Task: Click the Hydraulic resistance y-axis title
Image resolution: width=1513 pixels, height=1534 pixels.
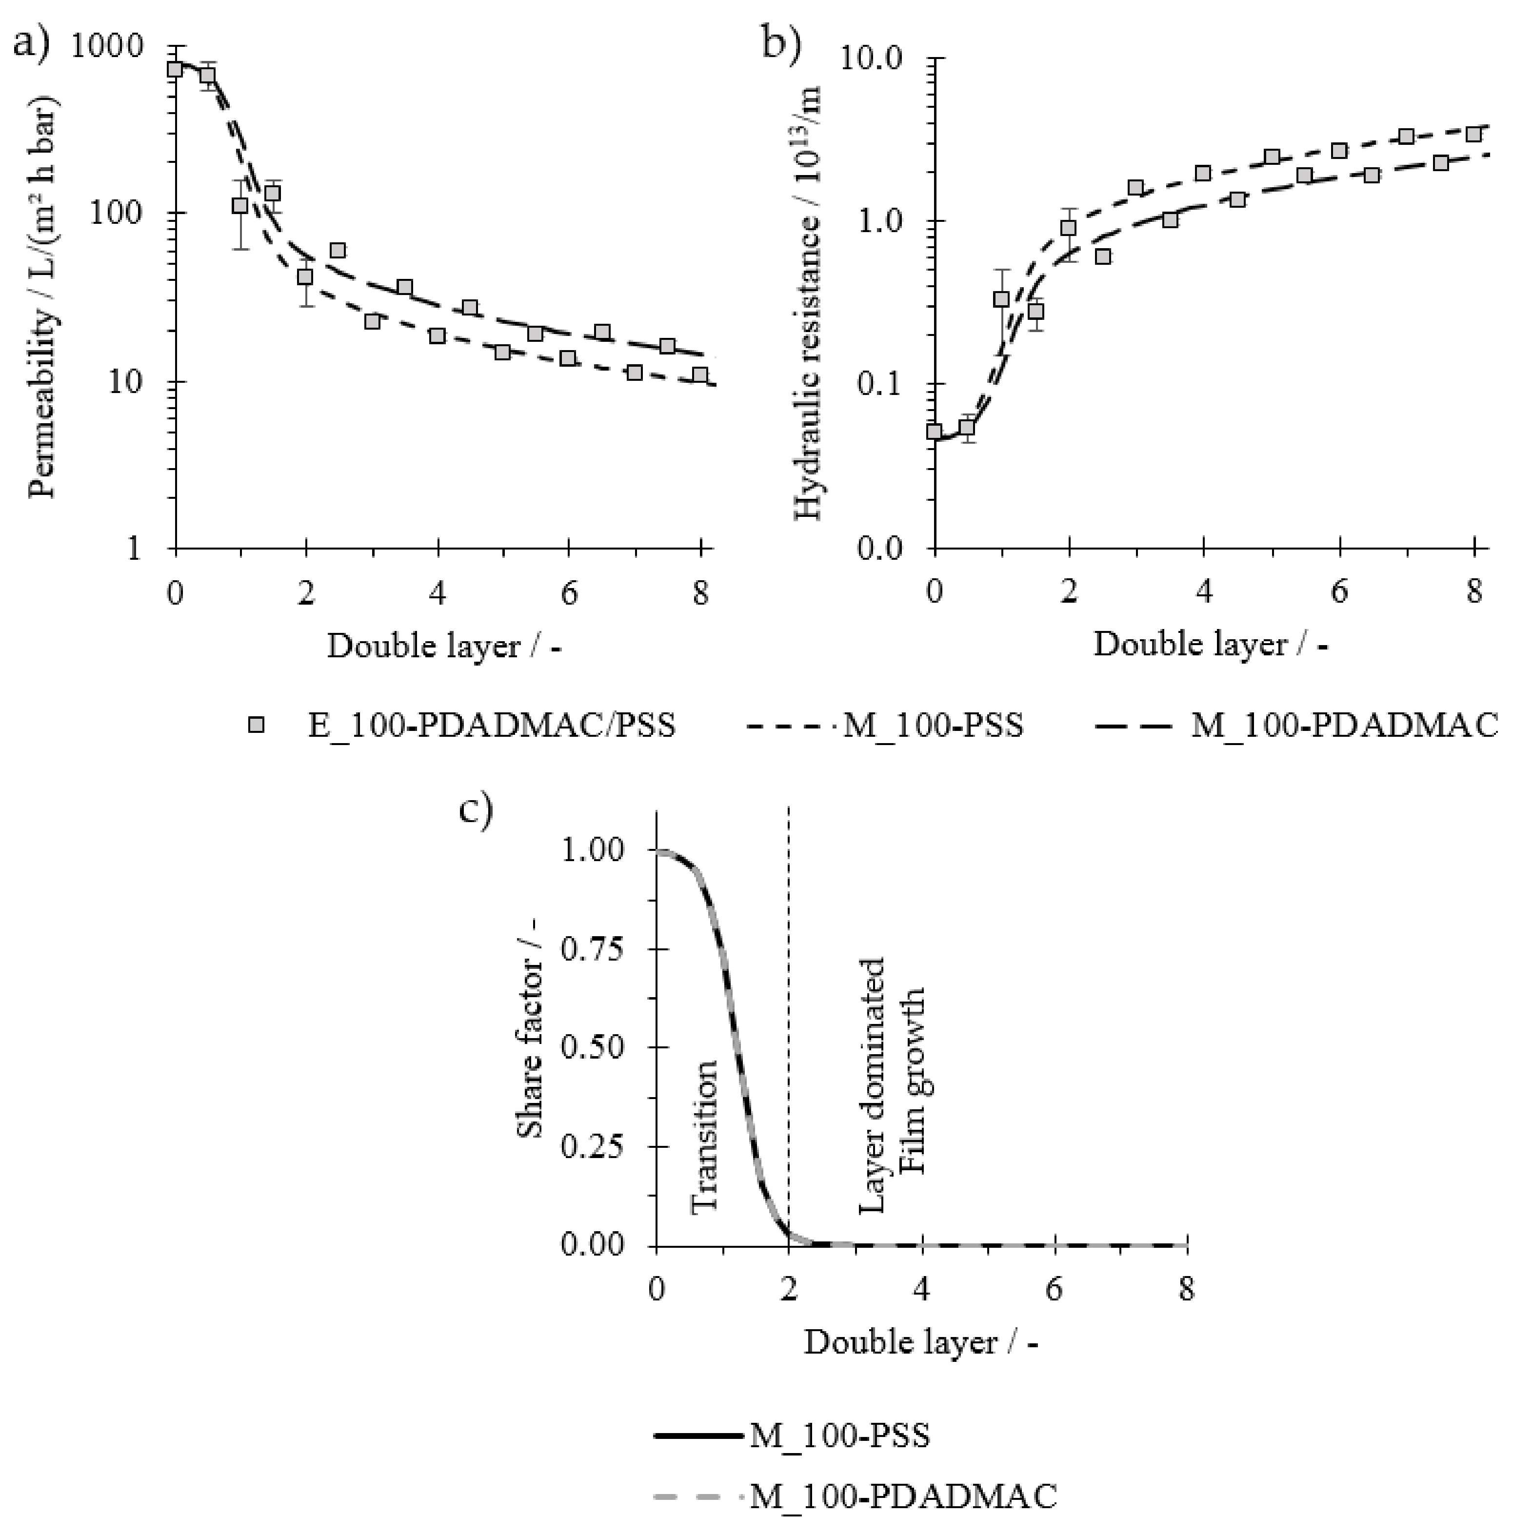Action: tap(809, 302)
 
